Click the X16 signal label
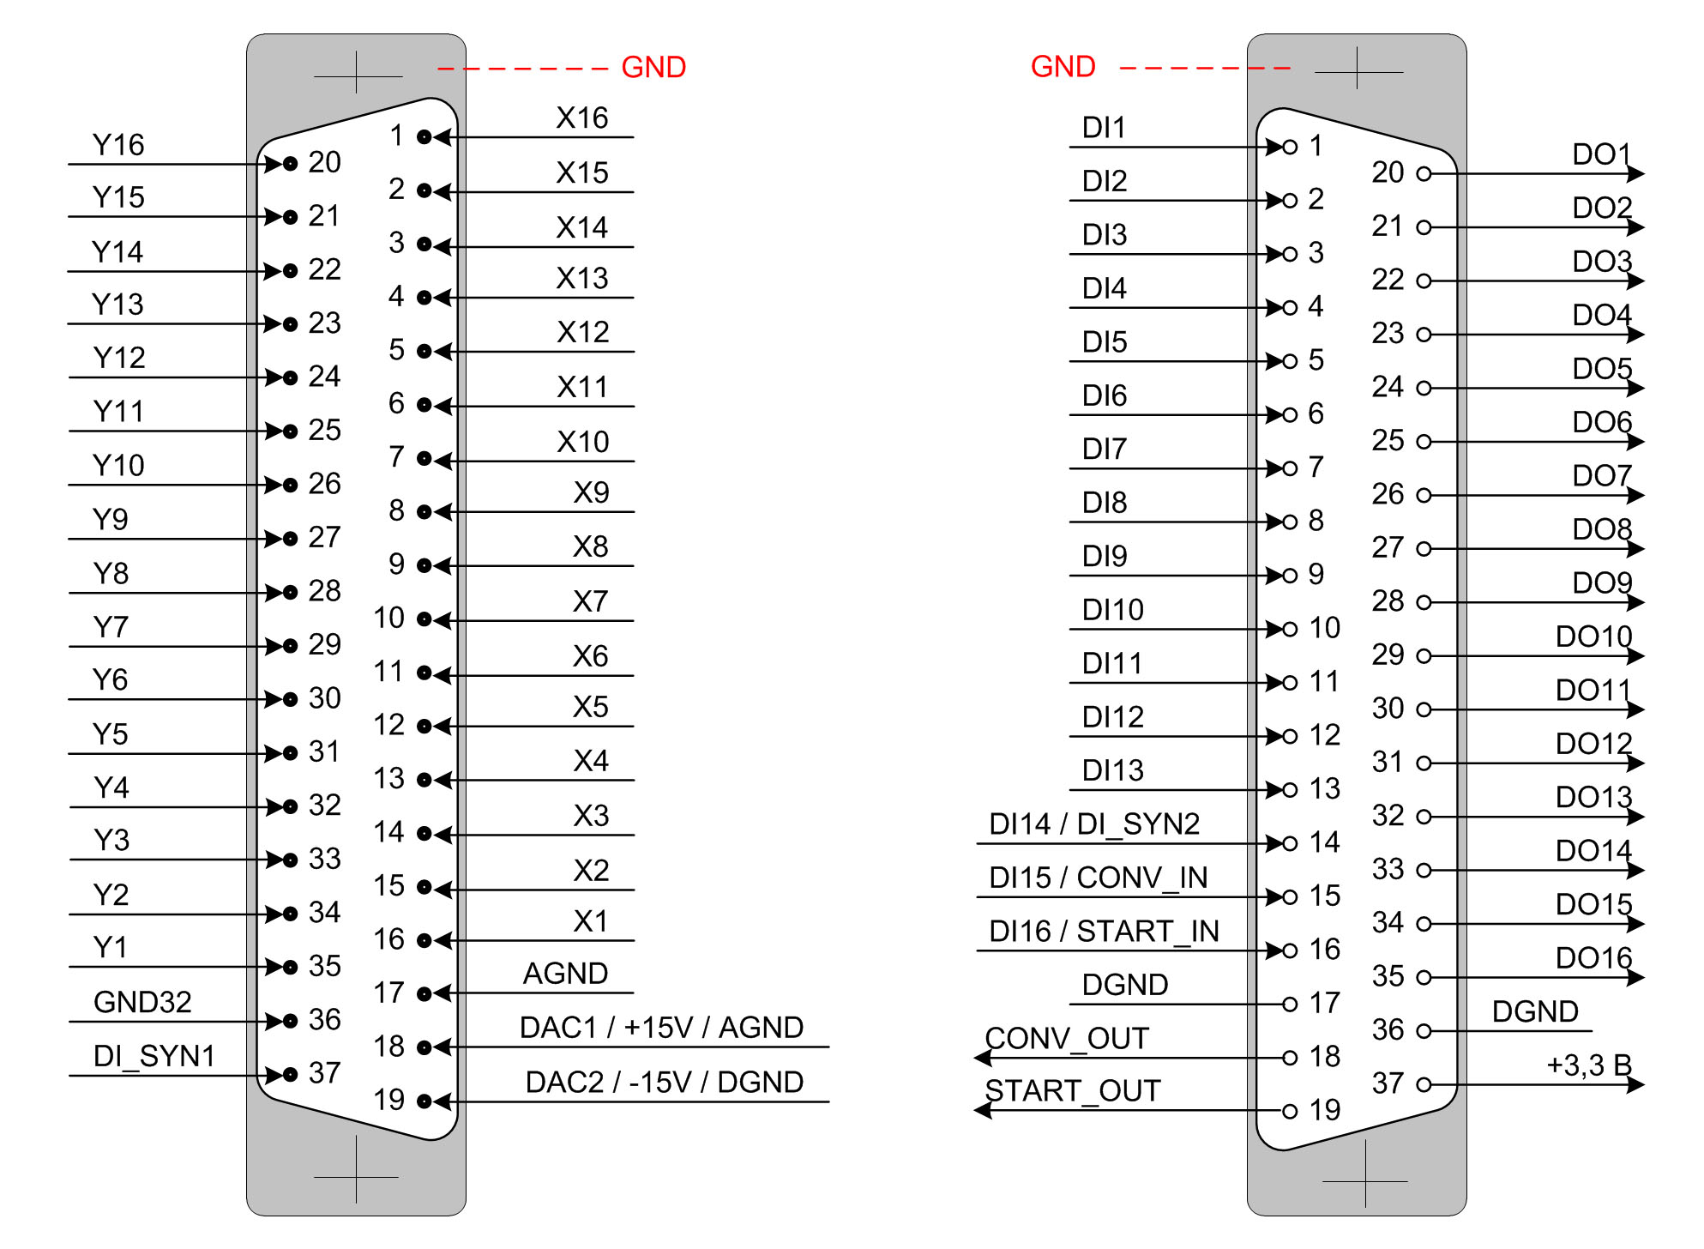tap(581, 118)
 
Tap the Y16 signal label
tap(118, 145)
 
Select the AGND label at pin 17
tap(565, 974)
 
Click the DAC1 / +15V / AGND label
tap(661, 1028)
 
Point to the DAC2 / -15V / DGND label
tap(664, 1083)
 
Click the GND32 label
tap(142, 1002)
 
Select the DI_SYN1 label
tap(154, 1056)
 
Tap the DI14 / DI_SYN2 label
tap(1094, 824)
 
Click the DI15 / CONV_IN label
tap(1098, 878)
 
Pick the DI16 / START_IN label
tap(1104, 932)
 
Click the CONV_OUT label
tap(1067, 1039)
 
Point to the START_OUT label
tap(1073, 1091)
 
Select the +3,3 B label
tap(1588, 1065)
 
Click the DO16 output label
tap(1593, 958)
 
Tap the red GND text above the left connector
tap(653, 67)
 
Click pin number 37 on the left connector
tap(325, 1073)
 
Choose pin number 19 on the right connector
tap(1325, 1111)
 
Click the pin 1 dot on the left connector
tap(424, 136)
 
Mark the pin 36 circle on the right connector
tap(1424, 1031)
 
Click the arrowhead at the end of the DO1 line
tap(1635, 174)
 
